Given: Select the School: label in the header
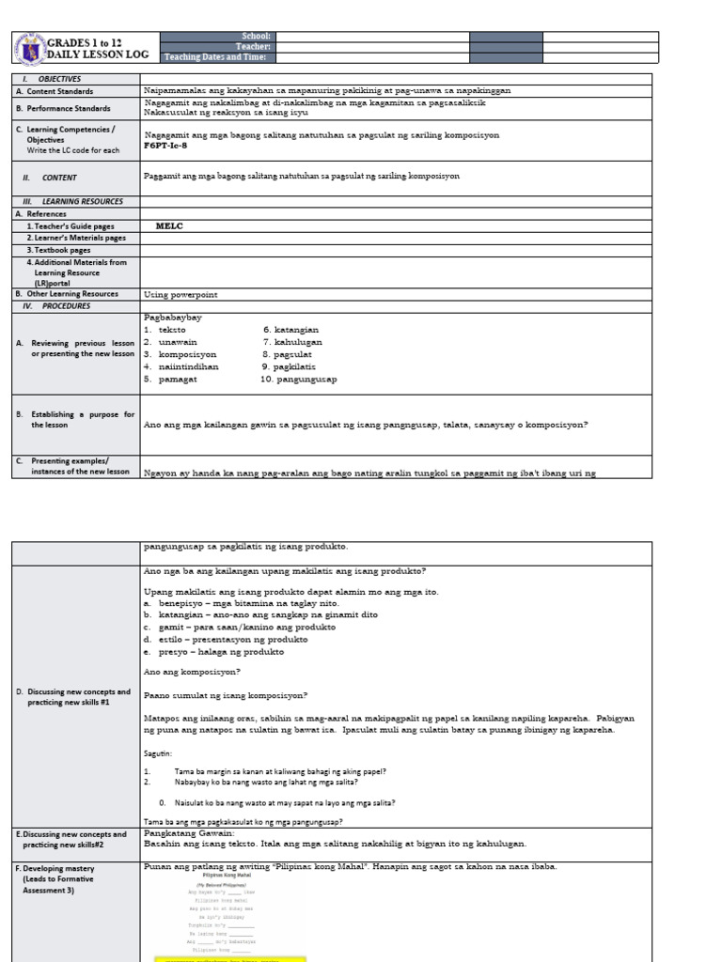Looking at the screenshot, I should click(x=256, y=35).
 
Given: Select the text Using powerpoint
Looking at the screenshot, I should click(x=180, y=294).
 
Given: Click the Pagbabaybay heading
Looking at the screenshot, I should click(x=173, y=318).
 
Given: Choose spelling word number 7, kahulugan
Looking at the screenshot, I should click(x=292, y=343).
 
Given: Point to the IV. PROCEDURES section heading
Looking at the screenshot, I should click(x=56, y=305).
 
